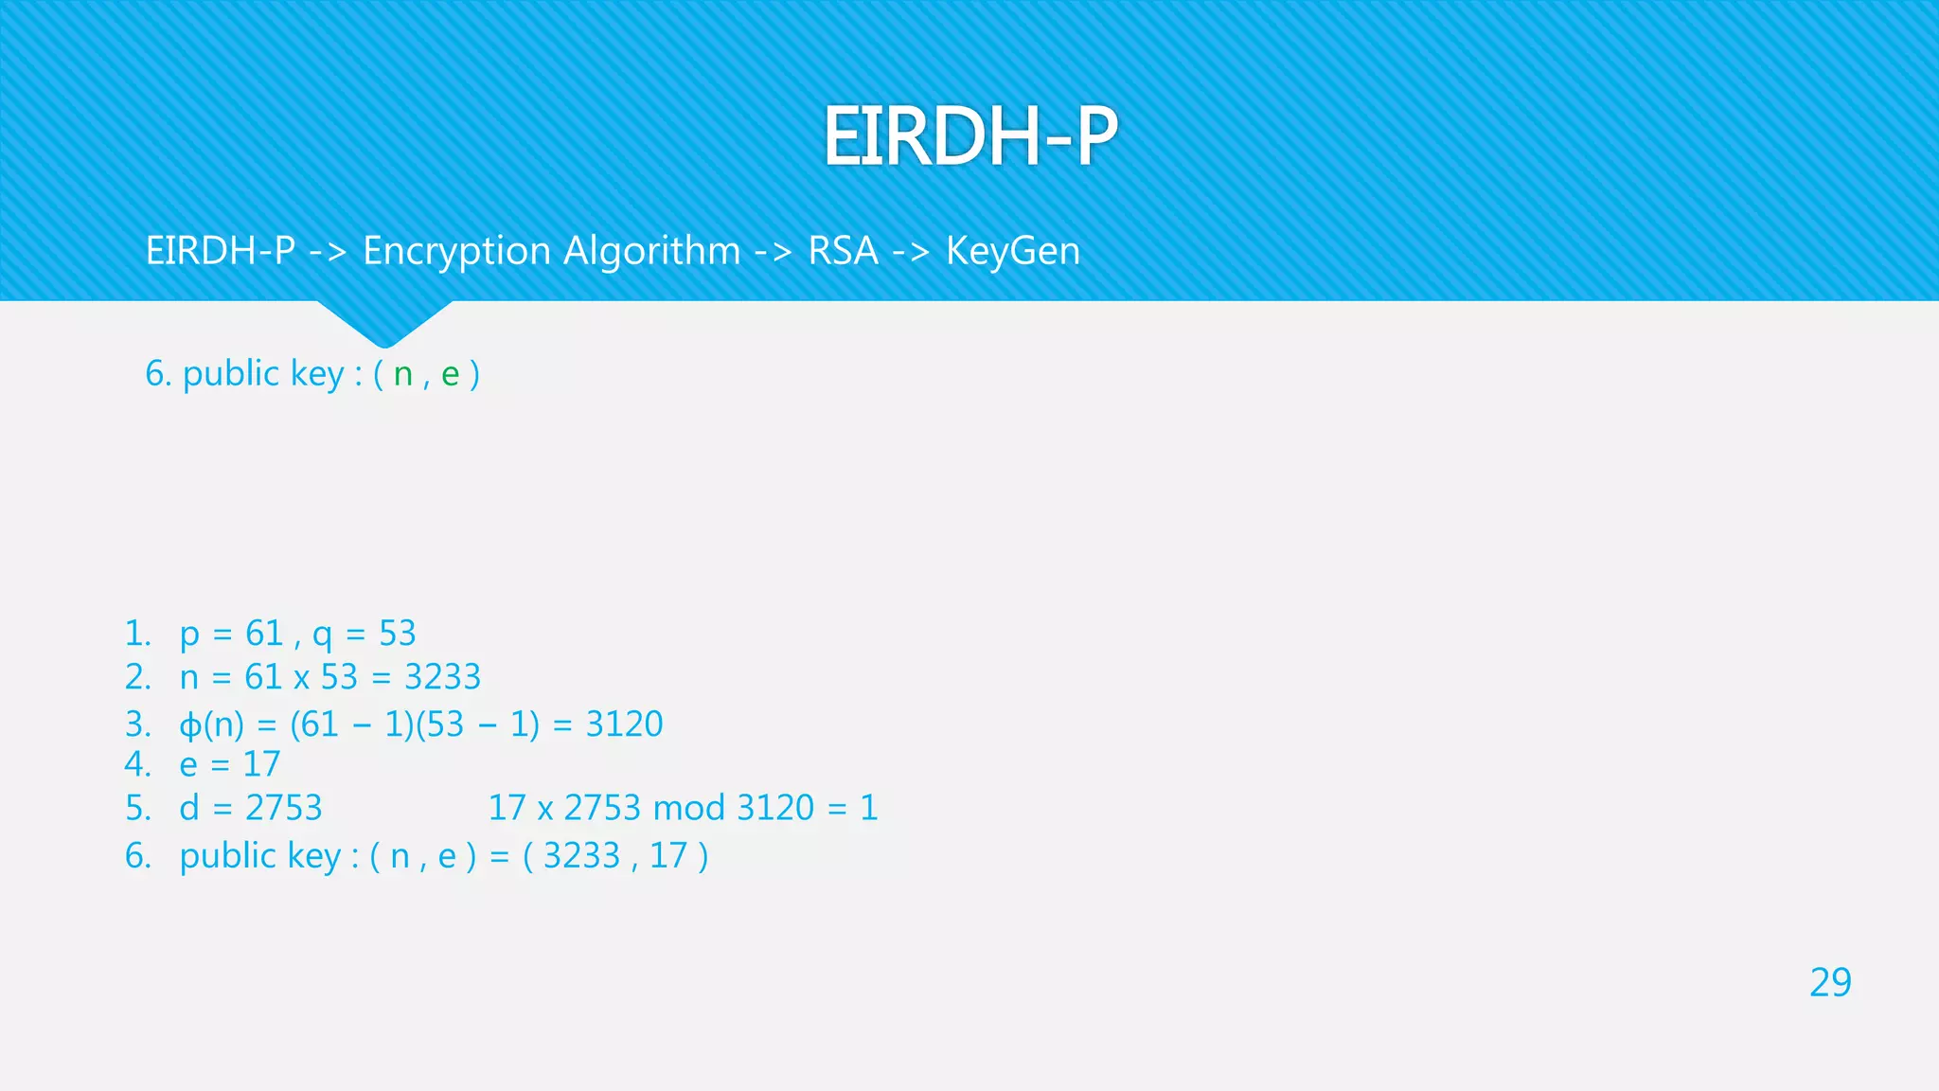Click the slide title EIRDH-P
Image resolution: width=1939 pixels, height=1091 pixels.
(x=969, y=136)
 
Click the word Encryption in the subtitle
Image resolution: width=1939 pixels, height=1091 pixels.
(x=457, y=252)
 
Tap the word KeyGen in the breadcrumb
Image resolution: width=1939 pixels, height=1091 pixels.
(x=1012, y=252)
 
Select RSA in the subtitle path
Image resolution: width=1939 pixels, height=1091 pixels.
(x=843, y=252)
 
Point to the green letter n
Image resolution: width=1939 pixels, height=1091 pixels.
(x=403, y=375)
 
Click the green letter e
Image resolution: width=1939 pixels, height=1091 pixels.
(x=451, y=375)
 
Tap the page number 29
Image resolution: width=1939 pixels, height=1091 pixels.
(x=1829, y=983)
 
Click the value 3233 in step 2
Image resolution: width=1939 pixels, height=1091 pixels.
(x=442, y=677)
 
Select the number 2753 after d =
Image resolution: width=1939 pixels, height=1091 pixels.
(x=283, y=808)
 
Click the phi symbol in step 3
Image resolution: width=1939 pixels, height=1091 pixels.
(x=190, y=725)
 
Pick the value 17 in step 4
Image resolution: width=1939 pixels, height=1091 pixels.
(x=261, y=764)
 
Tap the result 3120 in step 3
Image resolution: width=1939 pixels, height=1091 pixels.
(x=624, y=724)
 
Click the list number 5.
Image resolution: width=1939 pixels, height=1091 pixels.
(x=137, y=808)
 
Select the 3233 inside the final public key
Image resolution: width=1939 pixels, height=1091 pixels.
(x=581, y=856)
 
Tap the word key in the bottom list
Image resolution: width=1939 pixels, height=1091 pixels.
(x=313, y=856)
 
